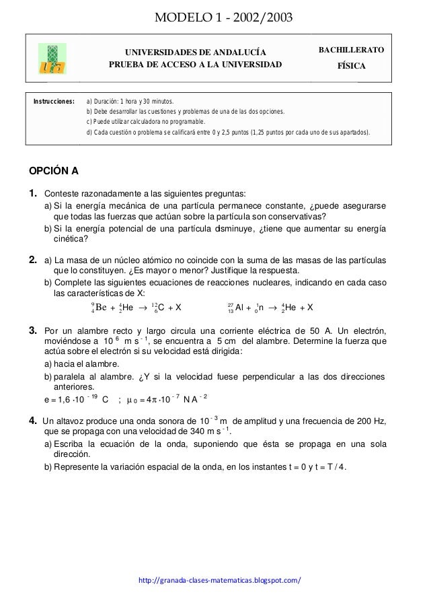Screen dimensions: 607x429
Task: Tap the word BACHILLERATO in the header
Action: click(x=351, y=50)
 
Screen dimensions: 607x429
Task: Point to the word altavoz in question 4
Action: click(x=69, y=422)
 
